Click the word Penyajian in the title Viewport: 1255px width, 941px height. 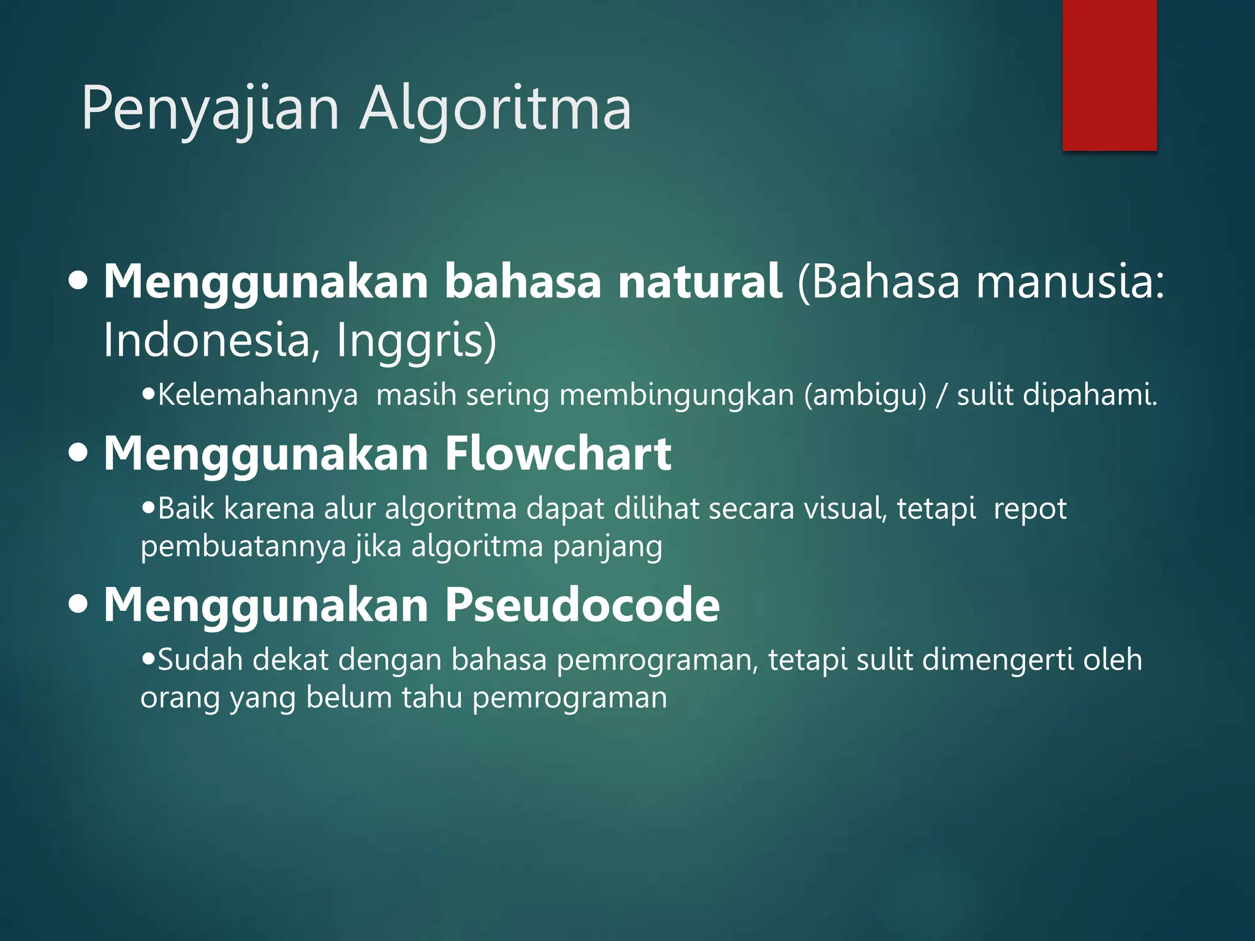click(x=210, y=109)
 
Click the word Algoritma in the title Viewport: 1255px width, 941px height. click(x=495, y=109)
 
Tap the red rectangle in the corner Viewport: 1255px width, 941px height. click(x=1109, y=75)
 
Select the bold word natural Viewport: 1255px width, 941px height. click(x=699, y=282)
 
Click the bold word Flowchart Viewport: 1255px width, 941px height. click(x=558, y=454)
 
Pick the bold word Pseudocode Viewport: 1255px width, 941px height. click(x=582, y=605)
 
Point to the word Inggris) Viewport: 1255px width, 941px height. click(x=416, y=341)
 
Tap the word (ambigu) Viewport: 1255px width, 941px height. click(x=865, y=395)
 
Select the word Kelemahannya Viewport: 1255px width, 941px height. click(x=257, y=395)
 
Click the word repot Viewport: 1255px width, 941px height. click(x=1029, y=509)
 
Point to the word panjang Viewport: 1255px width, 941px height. click(x=607, y=547)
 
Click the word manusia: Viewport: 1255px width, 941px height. click(x=1070, y=282)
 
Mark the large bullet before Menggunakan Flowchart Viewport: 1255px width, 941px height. click(x=78, y=455)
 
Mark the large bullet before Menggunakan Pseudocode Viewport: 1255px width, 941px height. click(x=78, y=606)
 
